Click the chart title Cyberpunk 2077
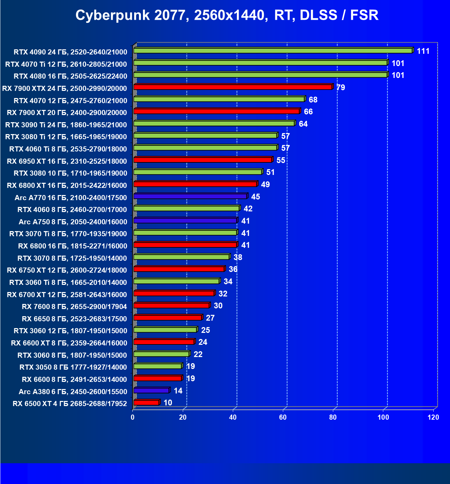(x=227, y=15)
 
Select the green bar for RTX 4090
(x=272, y=51)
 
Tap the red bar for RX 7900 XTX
(x=233, y=87)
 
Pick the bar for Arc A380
(x=151, y=390)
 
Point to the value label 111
(x=423, y=51)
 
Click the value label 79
(x=340, y=87)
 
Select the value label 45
(x=255, y=197)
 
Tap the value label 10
(x=168, y=403)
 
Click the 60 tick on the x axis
(x=283, y=417)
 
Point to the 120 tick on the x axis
(x=433, y=417)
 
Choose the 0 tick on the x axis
(x=133, y=417)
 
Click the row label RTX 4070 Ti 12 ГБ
(x=66, y=64)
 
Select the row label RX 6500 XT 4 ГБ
(x=70, y=404)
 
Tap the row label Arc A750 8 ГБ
(x=73, y=222)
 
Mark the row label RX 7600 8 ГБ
(x=74, y=307)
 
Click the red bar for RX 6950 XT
(x=203, y=160)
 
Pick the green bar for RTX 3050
(x=158, y=366)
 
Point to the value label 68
(x=313, y=100)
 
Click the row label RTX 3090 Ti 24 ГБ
(x=66, y=125)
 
